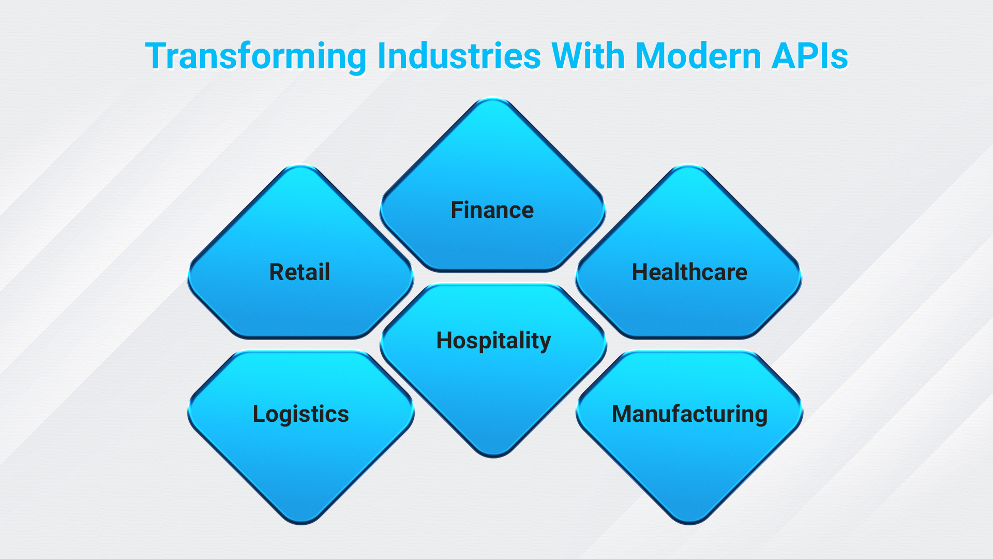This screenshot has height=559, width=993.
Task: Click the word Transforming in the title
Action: coord(256,56)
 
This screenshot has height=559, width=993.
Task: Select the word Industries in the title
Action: coord(459,55)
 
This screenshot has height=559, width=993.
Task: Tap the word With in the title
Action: coord(588,55)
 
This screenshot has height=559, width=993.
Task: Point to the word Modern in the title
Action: coord(698,55)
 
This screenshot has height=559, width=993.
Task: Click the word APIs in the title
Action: coord(810,55)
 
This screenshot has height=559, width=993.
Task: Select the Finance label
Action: coord(492,210)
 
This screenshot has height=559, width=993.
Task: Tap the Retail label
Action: coord(299,272)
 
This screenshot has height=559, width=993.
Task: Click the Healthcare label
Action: coord(689,272)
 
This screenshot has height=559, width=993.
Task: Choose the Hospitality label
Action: coord(493,342)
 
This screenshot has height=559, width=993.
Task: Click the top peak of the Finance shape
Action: coord(493,98)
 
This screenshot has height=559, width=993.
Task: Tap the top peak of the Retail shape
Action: coord(300,166)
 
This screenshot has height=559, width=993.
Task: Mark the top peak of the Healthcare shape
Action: coord(689,166)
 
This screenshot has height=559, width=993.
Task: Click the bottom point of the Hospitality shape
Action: coord(493,457)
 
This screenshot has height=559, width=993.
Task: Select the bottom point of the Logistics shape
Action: coord(301,524)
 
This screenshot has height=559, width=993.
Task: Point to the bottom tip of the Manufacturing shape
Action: coord(689,524)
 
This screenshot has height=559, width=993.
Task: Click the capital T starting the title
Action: coord(156,55)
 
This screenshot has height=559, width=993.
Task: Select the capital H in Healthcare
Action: coord(640,272)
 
